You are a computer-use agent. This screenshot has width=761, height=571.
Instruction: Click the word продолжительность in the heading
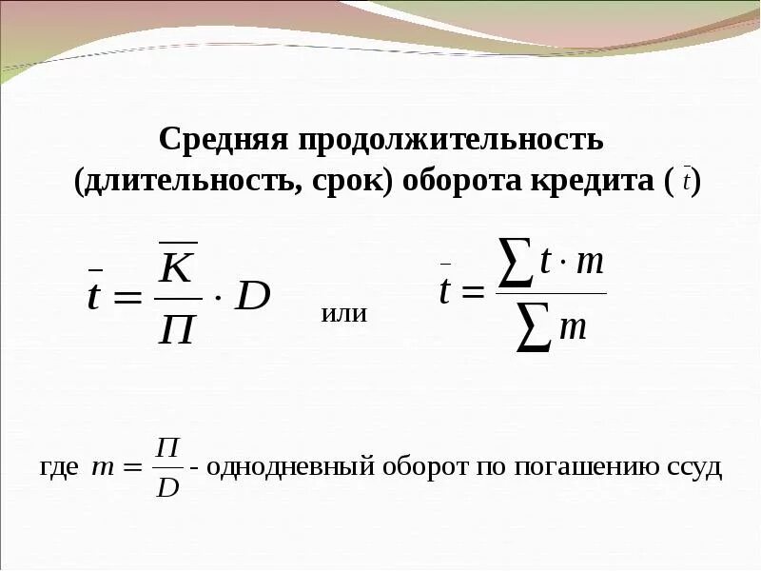click(452, 141)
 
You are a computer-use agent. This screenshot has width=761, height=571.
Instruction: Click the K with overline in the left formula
click(177, 266)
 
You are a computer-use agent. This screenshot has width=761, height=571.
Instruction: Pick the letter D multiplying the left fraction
click(252, 297)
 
